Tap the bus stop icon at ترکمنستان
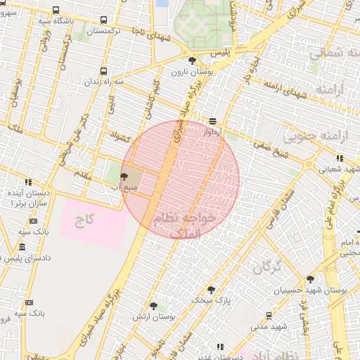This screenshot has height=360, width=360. tap(104, 21)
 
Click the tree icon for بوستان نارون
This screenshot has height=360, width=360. tap(193, 60)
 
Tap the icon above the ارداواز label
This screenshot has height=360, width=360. tap(213, 121)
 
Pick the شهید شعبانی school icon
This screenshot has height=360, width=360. tap(340, 158)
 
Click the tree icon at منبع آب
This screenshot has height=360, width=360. tap(124, 176)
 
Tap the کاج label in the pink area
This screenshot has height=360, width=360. tap(85, 219)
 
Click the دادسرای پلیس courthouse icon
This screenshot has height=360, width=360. tap(22, 247)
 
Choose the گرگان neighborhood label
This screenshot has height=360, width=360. tap(266, 266)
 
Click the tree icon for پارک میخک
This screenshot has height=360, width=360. tap(210, 289)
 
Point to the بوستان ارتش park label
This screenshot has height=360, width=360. tap(154, 317)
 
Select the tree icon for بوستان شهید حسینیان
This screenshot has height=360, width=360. tap(310, 279)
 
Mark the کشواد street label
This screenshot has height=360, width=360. tap(121, 134)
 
